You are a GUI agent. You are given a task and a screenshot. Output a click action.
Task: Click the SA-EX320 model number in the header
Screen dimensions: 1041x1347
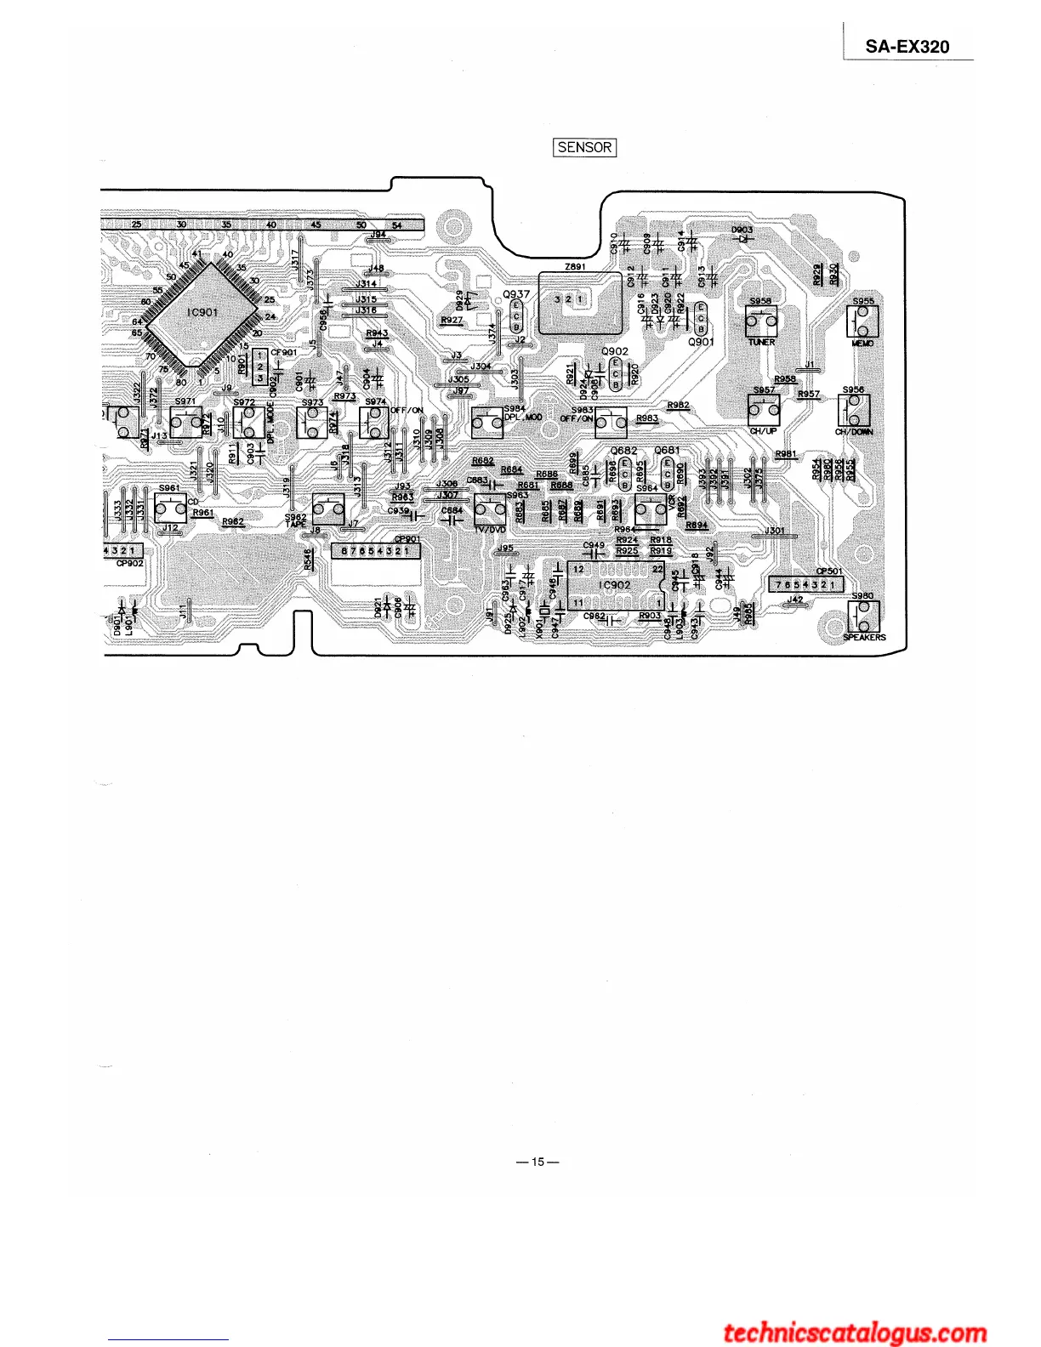pos(907,47)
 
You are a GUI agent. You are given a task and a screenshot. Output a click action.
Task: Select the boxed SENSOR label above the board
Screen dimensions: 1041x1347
pos(584,147)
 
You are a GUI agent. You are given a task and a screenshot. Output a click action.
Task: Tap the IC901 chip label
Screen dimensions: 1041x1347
pos(202,312)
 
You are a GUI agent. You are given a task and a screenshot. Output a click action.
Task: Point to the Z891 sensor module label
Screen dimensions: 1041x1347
pos(575,266)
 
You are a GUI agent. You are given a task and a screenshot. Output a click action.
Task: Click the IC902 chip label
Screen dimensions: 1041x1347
pos(614,585)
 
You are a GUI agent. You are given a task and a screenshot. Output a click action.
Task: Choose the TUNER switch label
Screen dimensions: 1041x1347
pos(761,343)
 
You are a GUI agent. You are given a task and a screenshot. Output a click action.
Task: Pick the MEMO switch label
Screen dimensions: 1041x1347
pos(862,343)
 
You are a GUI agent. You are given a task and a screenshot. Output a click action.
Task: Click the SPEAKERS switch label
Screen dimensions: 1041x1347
pos(864,637)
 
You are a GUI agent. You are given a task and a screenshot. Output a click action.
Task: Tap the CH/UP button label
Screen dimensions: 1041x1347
pos(763,431)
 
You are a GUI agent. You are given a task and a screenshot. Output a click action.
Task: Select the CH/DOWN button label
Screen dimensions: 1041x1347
pos(854,432)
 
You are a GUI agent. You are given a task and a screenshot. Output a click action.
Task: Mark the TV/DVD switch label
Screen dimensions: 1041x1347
pos(489,529)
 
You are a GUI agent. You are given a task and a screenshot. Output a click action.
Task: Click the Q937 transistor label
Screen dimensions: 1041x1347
pos(516,294)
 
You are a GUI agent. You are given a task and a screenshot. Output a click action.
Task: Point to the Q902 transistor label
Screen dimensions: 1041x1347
pos(614,350)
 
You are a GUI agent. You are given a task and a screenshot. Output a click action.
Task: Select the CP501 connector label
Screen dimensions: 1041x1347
pos(829,571)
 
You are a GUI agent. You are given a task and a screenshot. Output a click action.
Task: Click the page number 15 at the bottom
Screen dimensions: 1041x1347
pos(537,1162)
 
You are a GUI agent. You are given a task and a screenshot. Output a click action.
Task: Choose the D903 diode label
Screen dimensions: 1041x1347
pos(742,230)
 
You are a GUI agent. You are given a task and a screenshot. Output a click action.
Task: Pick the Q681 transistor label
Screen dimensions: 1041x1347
pos(667,451)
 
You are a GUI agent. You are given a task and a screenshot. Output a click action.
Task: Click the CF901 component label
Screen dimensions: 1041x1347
pos(284,353)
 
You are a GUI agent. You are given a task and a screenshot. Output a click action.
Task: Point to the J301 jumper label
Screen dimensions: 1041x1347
pos(774,531)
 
